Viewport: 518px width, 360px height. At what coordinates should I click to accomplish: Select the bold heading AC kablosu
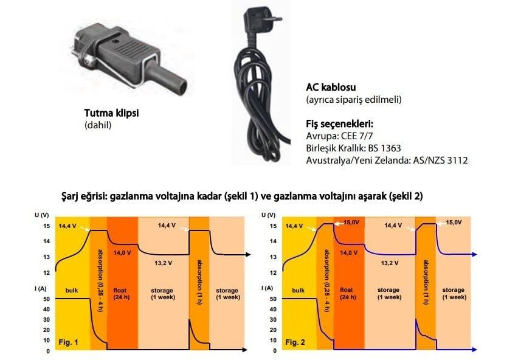click(331, 86)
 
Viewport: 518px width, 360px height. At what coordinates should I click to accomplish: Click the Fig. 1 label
click(69, 342)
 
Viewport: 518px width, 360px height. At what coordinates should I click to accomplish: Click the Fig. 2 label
click(295, 342)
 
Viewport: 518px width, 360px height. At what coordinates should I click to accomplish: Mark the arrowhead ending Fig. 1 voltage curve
click(247, 254)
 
